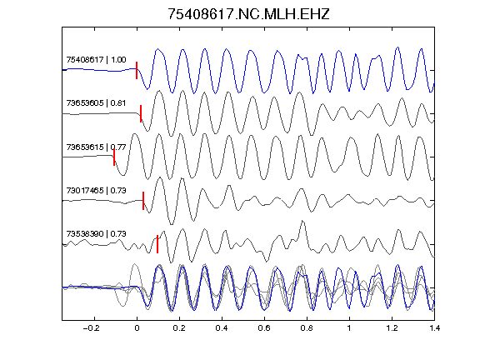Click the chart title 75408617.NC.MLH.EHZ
pos(248,14)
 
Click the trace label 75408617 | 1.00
pos(96,59)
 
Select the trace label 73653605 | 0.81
pos(96,102)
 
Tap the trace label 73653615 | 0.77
pos(96,147)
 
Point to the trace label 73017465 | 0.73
pos(96,190)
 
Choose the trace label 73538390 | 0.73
pos(96,234)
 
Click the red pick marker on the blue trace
pos(137,70)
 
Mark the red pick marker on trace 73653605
pos(141,113)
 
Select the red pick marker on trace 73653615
pos(114,157)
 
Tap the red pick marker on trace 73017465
pos(143,201)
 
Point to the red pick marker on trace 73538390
pos(157,244)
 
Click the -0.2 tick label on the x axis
pos(92,328)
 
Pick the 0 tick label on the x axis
pos(137,328)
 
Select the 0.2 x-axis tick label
pos(179,328)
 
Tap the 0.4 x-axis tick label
pos(222,328)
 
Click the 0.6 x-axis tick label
pos(264,328)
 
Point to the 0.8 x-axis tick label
pos(307,328)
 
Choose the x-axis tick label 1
pos(349,328)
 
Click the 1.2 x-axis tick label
pos(392,328)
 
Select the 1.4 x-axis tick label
pos(434,328)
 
